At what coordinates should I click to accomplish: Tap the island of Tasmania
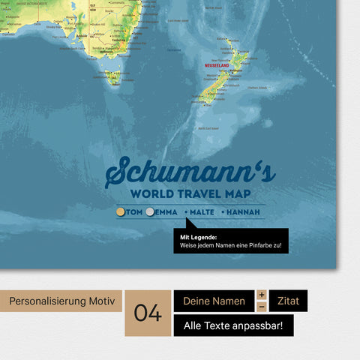(x=112, y=76)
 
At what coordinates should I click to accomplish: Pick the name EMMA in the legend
(x=166, y=213)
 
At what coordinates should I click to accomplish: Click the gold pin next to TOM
(x=121, y=213)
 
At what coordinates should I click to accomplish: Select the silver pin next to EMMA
(x=151, y=213)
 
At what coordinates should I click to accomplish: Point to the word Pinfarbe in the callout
(x=253, y=245)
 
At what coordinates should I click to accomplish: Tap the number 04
(x=148, y=313)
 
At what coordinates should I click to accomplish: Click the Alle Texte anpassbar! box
(x=233, y=325)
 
